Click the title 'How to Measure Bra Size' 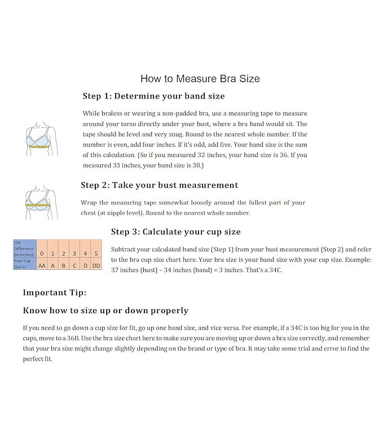[200, 78]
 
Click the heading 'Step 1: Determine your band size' [153, 96]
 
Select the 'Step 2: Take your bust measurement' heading [159, 185]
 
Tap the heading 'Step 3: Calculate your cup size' [175, 232]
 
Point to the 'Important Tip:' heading [55, 292]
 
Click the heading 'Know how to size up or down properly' [105, 310]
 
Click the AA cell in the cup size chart [42, 265]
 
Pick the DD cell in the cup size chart [96, 265]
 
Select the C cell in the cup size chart [74, 265]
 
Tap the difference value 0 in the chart [42, 253]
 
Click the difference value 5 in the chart [96, 253]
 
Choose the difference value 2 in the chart [64, 253]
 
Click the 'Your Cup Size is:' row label [24, 263]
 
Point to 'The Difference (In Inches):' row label [24, 248]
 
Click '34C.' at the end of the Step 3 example [274, 270]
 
